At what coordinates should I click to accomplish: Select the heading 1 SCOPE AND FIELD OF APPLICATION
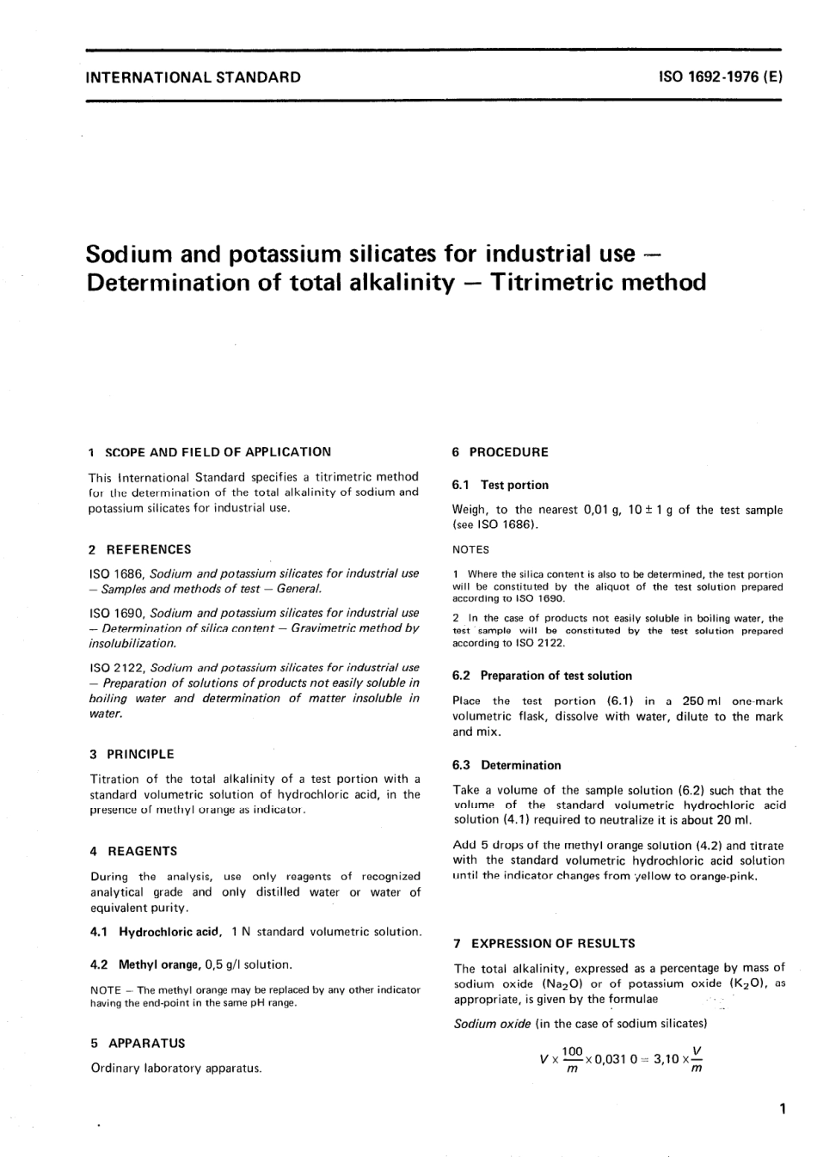[x=210, y=451]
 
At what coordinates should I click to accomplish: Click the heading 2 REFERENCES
[x=140, y=549]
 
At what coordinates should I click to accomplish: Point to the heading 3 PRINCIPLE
[x=132, y=754]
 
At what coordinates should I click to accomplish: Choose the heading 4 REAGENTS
[x=133, y=851]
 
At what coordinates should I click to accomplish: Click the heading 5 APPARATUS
[x=138, y=1043]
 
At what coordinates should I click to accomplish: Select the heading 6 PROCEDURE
[x=500, y=452]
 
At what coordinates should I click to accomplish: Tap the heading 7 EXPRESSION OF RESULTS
[x=544, y=943]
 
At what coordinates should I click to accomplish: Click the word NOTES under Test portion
[x=470, y=549]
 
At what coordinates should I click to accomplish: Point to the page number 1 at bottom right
[x=781, y=1110]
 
